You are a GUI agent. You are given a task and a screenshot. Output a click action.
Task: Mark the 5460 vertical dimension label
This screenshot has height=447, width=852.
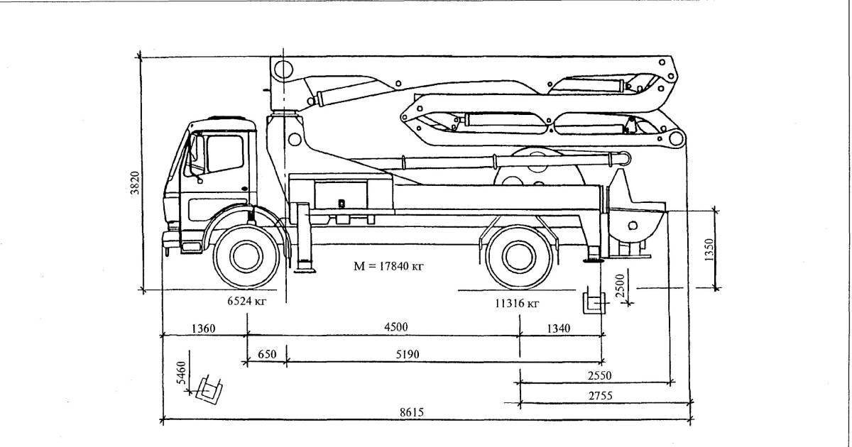click(181, 372)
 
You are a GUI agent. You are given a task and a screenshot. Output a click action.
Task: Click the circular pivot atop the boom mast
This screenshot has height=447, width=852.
click(283, 70)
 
